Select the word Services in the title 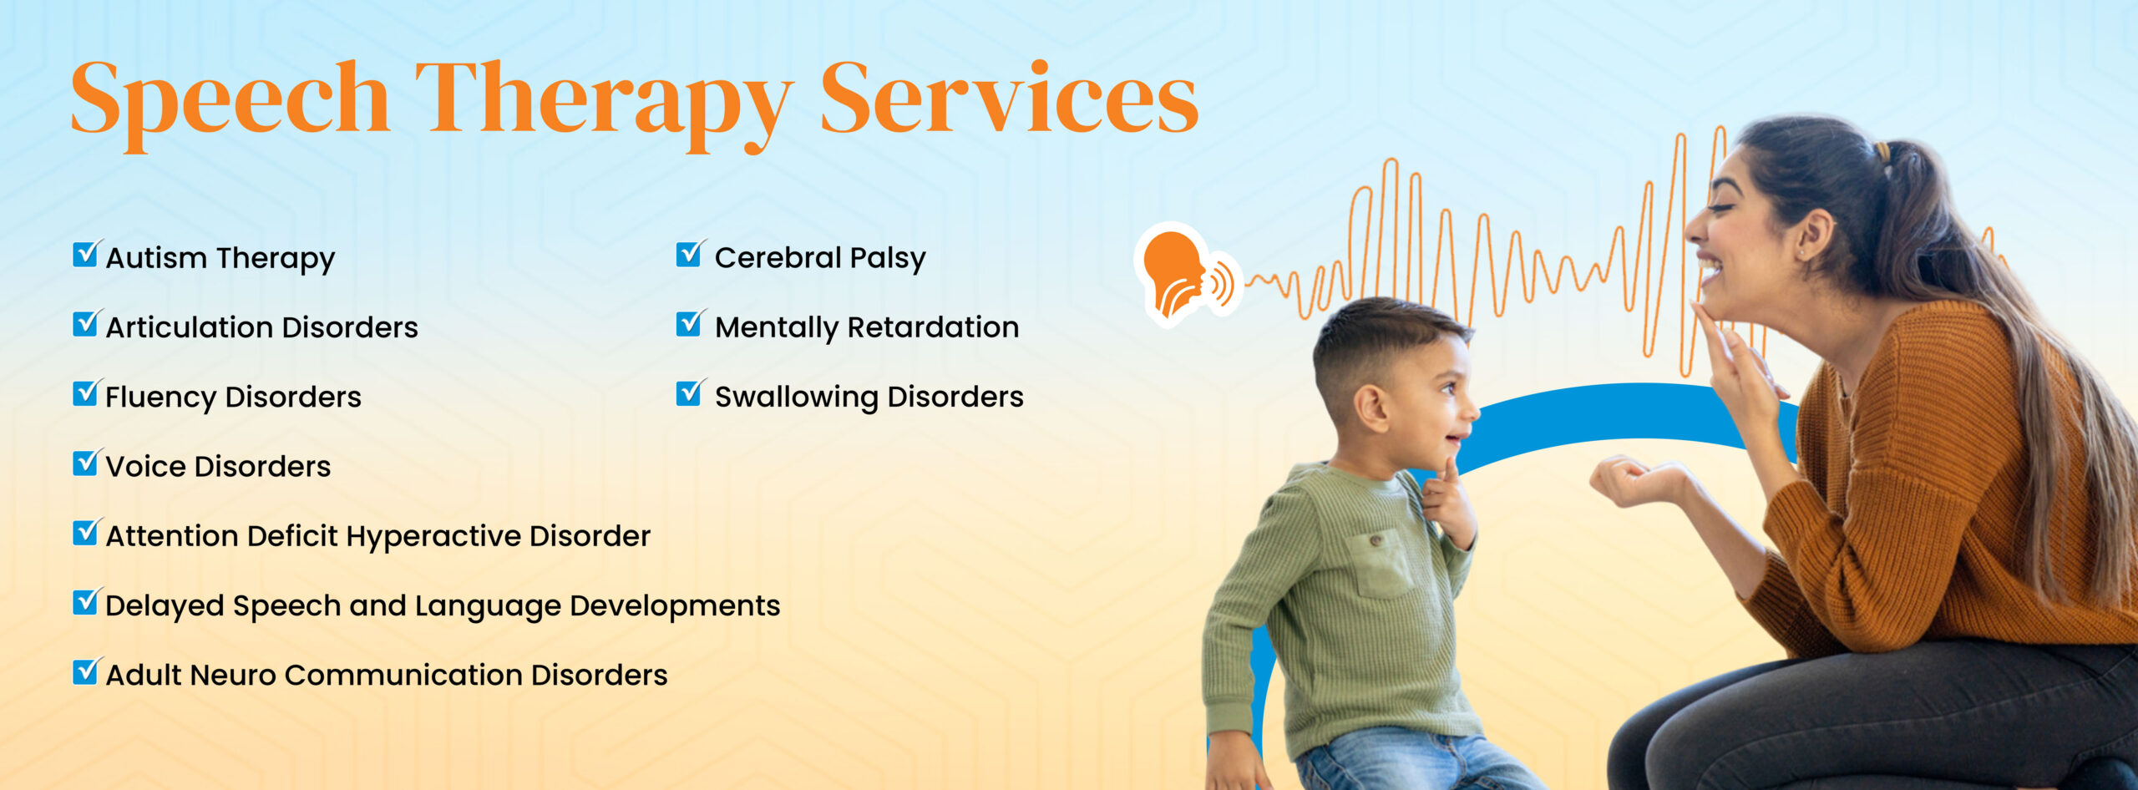pyautogui.click(x=1009, y=98)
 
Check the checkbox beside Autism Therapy pyautogui.click(x=87, y=254)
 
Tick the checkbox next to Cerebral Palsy pyautogui.click(x=691, y=254)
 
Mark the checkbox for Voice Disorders pyautogui.click(x=87, y=463)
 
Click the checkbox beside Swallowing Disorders pyautogui.click(x=691, y=392)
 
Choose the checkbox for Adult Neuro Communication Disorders pyautogui.click(x=87, y=671)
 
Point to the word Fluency pyautogui.click(x=159, y=398)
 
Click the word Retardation pyautogui.click(x=933, y=327)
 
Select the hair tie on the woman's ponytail pyautogui.click(x=1882, y=153)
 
